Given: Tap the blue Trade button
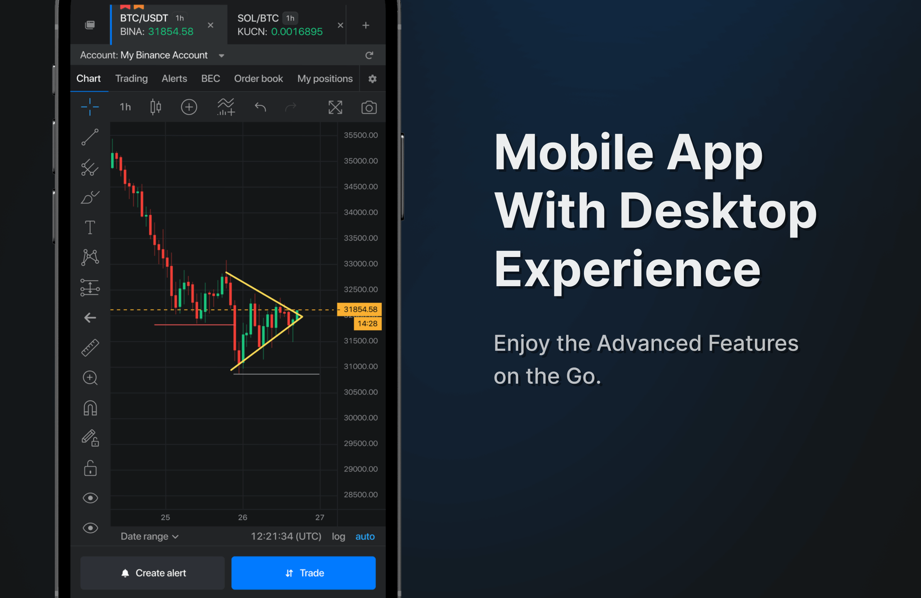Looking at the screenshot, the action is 303,573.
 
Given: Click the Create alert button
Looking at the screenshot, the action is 152,573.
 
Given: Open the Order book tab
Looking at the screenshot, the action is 258,78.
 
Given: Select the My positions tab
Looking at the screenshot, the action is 325,78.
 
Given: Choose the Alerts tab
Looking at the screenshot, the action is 174,78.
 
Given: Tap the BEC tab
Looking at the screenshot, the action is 211,78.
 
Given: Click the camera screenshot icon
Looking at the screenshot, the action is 369,108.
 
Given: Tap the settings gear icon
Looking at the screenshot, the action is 372,79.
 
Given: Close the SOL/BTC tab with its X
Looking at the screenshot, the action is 340,25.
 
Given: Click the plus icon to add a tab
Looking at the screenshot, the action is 366,25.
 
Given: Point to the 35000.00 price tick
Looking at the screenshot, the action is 361,161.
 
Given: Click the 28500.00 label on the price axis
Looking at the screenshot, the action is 361,495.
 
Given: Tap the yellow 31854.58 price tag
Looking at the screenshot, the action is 359,309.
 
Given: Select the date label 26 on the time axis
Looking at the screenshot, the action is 243,517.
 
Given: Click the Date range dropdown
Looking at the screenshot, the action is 150,537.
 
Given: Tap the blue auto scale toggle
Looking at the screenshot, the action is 365,537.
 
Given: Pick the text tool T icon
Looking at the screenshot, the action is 90,227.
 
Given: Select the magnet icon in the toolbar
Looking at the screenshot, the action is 90,408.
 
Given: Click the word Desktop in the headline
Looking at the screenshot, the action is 718,212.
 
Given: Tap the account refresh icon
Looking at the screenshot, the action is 369,55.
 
